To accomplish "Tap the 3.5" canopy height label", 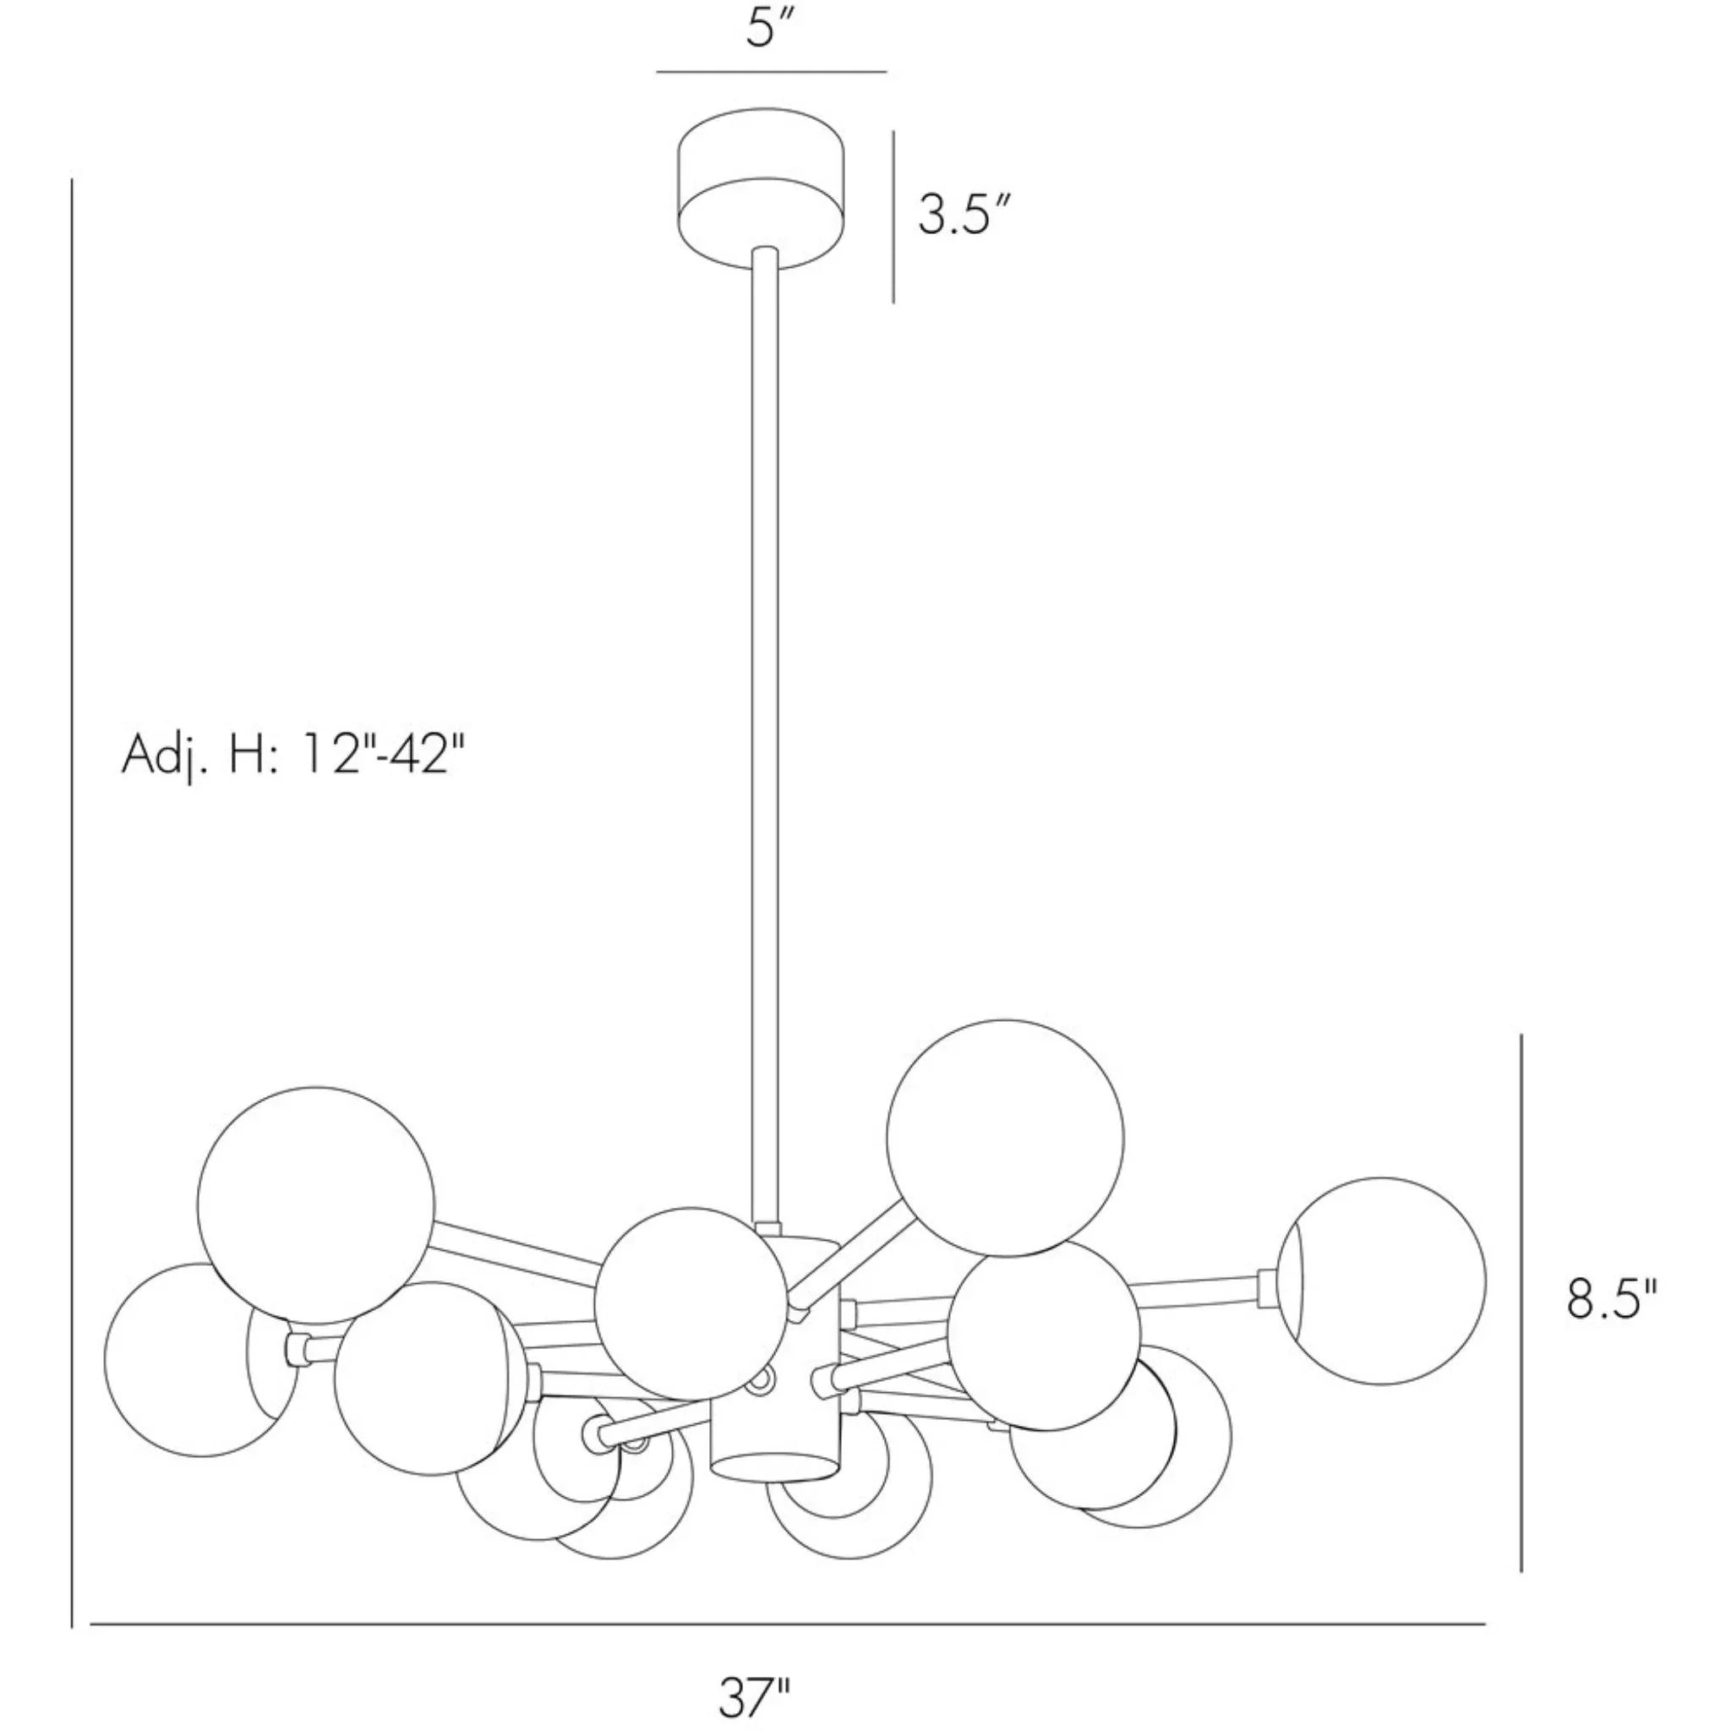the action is click(965, 216).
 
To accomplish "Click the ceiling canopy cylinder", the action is click(762, 190).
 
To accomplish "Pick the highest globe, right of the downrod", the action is click(1004, 1138).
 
